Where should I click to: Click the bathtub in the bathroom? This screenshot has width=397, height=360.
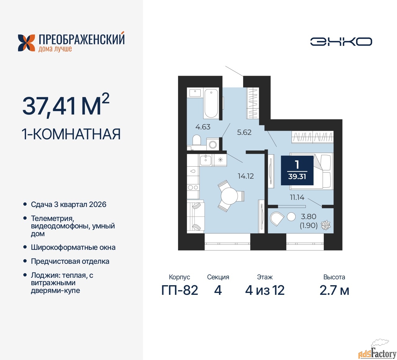click(x=211, y=104)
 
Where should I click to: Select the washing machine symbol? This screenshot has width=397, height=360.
click(x=212, y=144)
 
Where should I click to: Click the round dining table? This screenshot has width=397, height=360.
click(x=229, y=196)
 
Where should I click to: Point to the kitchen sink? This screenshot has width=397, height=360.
click(x=206, y=160)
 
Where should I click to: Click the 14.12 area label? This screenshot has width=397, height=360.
click(x=246, y=176)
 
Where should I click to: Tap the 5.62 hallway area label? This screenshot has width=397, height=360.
click(x=244, y=132)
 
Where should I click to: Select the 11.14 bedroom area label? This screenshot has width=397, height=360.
click(x=297, y=197)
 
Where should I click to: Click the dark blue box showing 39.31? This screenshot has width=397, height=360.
click(x=297, y=170)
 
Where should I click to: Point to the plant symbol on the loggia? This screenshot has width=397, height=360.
click(x=326, y=225)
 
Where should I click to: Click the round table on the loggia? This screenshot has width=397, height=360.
click(x=291, y=217)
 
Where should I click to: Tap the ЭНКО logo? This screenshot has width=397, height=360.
click(x=341, y=42)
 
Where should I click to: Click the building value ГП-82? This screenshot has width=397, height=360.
click(x=180, y=290)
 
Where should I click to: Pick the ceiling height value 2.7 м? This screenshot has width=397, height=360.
click(x=334, y=290)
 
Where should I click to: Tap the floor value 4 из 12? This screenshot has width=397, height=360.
click(x=265, y=290)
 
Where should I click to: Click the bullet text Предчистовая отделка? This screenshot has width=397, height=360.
click(x=70, y=261)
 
